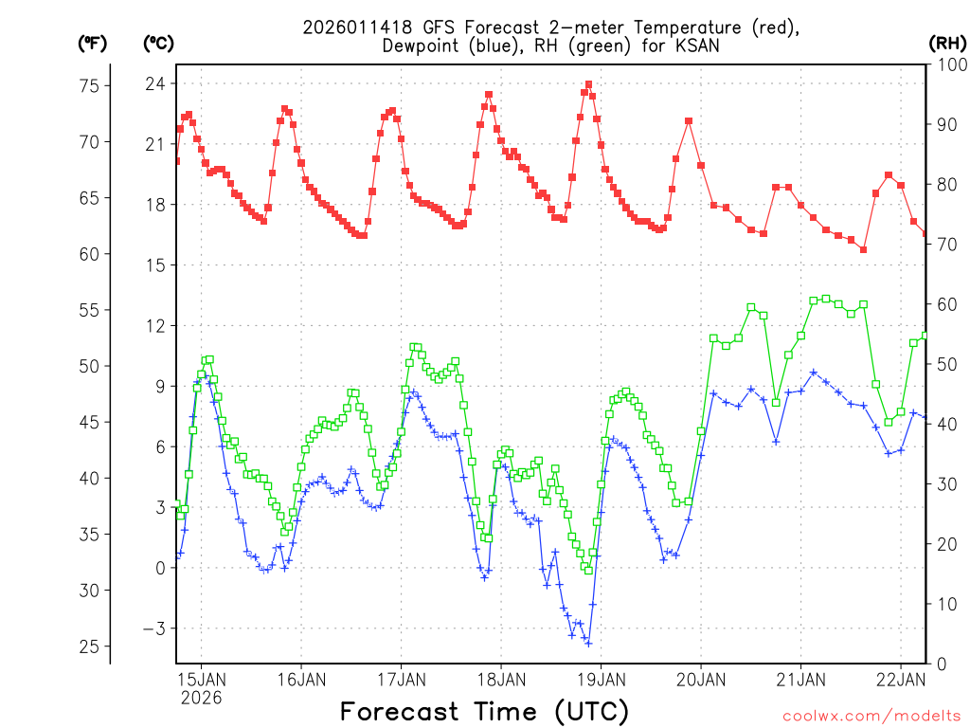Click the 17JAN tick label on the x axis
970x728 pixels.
(401, 679)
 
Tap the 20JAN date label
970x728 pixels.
(701, 679)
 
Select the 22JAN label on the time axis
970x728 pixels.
(900, 679)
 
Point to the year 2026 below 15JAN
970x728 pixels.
(201, 698)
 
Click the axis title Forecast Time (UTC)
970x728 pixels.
(484, 711)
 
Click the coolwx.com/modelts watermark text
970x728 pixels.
(871, 716)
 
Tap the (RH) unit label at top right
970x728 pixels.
(948, 43)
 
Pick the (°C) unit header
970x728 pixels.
(158, 43)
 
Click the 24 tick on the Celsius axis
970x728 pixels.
(154, 83)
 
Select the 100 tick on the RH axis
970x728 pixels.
(949, 64)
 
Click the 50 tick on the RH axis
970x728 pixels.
(945, 364)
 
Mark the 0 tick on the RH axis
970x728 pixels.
(941, 664)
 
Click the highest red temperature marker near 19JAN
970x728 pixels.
(588, 84)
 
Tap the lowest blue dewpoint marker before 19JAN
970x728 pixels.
(588, 643)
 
